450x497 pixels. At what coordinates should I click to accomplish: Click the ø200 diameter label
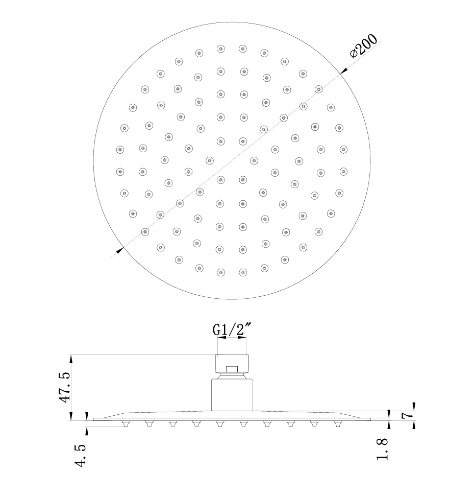click(364, 46)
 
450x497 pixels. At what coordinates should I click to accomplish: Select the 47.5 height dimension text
click(65, 388)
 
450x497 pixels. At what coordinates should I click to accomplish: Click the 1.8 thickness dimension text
click(382, 449)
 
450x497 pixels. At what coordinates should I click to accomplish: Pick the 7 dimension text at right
click(408, 415)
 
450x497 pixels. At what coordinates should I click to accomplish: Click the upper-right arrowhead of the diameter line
click(343, 71)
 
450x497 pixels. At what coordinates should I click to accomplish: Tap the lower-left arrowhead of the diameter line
click(120, 250)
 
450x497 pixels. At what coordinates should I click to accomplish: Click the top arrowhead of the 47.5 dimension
click(71, 359)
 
